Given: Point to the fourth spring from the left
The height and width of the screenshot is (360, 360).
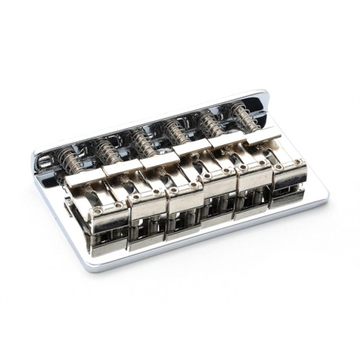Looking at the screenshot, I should pyautogui.click(x=178, y=130).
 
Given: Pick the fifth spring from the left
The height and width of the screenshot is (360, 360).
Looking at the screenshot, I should pyautogui.click(x=210, y=122).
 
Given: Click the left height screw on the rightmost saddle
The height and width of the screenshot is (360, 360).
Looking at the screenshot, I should pyautogui.click(x=278, y=167).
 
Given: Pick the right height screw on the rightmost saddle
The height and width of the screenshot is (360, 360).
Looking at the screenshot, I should pyautogui.click(x=301, y=162).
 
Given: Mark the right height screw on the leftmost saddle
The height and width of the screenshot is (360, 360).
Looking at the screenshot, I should pyautogui.click(x=118, y=206).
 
